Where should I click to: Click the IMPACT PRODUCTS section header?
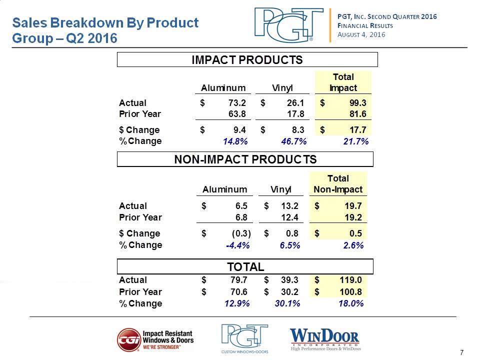[247, 60]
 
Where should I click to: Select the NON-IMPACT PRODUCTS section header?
[245, 159]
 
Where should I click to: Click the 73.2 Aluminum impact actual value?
[236, 103]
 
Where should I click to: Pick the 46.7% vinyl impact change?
[294, 141]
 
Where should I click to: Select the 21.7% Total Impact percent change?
[356, 141]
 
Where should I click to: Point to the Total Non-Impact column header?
[338, 184]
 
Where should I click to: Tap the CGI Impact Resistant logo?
[155, 340]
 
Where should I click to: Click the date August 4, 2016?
[361, 34]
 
